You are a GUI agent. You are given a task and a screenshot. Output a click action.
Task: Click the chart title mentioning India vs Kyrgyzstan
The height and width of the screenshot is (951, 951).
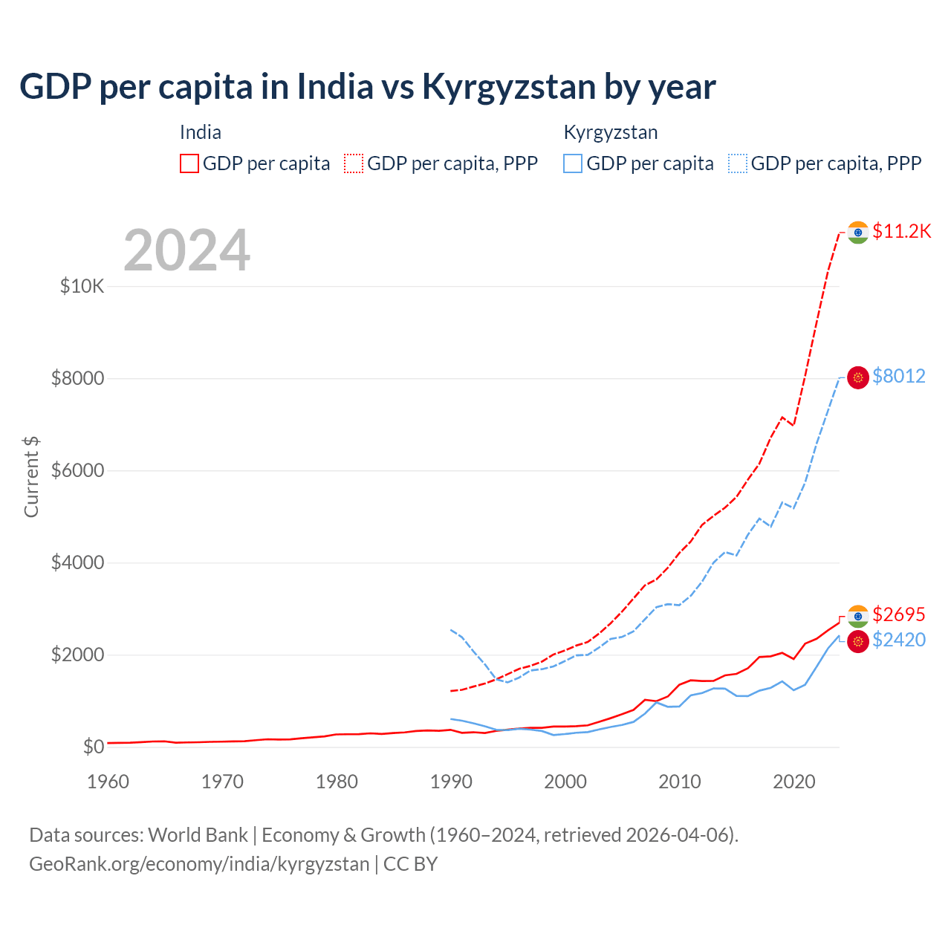[x=367, y=87]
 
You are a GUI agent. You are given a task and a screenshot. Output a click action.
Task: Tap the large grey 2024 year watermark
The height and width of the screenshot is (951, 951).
[x=186, y=250]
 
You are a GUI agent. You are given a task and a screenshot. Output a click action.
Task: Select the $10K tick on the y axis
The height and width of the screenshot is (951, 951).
[x=82, y=286]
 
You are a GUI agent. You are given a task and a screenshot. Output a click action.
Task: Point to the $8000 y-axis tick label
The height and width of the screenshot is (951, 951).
[x=77, y=378]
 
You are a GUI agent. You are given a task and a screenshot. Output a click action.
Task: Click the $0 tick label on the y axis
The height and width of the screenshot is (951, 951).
[x=93, y=747]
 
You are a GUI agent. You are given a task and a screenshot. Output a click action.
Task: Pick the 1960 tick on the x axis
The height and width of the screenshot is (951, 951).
[x=108, y=782]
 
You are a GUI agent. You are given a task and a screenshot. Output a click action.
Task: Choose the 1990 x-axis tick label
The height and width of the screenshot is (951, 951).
[x=451, y=782]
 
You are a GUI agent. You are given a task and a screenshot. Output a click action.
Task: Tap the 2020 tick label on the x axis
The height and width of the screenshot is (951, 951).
[x=794, y=782]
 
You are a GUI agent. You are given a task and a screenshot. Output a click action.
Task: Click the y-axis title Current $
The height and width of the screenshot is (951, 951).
[x=31, y=476]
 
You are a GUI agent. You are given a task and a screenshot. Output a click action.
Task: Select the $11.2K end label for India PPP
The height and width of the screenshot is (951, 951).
[x=901, y=231]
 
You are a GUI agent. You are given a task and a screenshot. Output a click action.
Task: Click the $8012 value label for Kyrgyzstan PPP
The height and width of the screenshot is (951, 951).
[x=899, y=376]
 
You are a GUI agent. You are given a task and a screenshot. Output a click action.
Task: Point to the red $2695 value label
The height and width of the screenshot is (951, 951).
[x=899, y=614]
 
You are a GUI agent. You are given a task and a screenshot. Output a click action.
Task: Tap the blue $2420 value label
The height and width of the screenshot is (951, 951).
[x=899, y=640]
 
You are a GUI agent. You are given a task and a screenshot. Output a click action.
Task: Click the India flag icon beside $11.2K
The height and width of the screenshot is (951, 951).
[x=858, y=232]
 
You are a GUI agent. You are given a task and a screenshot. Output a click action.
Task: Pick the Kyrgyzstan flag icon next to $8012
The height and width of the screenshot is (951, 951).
[x=858, y=377]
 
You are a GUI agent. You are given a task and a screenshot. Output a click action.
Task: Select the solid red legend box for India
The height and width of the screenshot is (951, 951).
[x=189, y=163]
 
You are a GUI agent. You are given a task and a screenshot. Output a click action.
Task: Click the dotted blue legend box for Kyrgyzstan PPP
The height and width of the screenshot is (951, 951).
[x=738, y=163]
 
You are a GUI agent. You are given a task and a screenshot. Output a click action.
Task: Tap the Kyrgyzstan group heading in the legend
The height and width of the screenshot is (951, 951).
[x=611, y=132]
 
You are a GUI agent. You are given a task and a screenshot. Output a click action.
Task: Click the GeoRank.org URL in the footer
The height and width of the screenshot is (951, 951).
[x=199, y=864]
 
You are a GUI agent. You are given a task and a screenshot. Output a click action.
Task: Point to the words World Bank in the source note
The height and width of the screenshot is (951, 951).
[x=198, y=835]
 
